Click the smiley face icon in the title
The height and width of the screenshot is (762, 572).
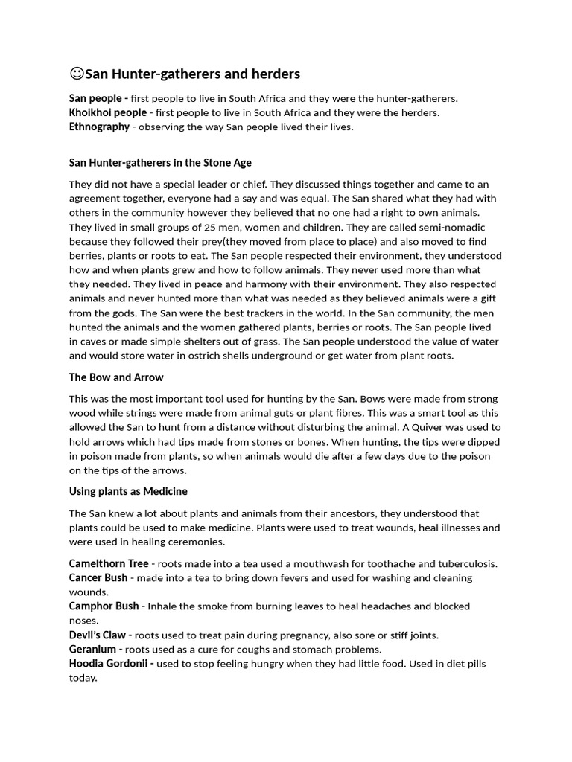tap(77, 74)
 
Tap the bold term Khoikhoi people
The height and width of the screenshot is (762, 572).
tap(108, 113)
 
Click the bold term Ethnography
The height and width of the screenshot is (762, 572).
tap(99, 127)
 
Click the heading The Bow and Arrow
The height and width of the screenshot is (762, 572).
tap(116, 377)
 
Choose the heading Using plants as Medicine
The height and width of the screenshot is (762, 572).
tap(128, 491)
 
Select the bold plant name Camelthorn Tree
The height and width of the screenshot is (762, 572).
tap(109, 563)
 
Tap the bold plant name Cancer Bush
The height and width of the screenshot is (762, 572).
tap(98, 577)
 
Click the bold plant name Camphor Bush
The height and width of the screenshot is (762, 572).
tap(104, 606)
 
